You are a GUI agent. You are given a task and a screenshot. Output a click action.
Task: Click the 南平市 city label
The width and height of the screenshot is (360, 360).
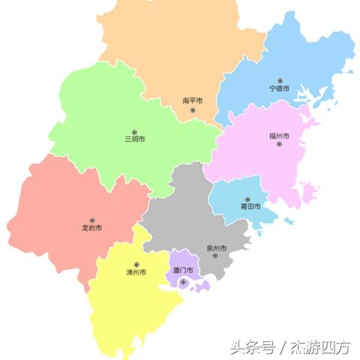(x=192, y=100)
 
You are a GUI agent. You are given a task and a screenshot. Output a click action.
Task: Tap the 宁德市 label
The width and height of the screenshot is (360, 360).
(x=280, y=88)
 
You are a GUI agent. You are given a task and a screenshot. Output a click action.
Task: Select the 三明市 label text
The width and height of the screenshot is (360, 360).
(x=135, y=139)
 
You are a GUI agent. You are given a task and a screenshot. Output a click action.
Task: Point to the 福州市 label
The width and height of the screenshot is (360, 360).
(x=279, y=136)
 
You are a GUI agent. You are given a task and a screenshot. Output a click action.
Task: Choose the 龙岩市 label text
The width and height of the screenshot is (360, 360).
(x=92, y=227)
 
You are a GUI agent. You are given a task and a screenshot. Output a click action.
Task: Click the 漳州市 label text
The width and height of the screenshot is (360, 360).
(x=136, y=272)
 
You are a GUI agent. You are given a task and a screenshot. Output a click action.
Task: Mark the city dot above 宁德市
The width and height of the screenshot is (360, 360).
(x=280, y=79)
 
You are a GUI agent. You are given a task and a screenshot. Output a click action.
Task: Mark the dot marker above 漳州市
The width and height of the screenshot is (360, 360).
(x=136, y=264)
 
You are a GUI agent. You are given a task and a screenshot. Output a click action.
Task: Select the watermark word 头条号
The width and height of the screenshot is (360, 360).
(x=250, y=346)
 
